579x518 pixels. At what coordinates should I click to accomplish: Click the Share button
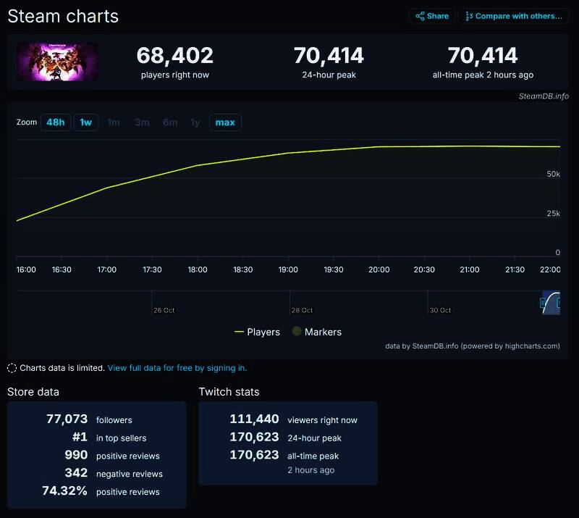431,16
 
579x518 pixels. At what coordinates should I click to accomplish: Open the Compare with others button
513,16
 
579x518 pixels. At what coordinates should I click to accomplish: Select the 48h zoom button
55,122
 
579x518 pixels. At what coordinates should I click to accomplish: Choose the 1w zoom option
86,122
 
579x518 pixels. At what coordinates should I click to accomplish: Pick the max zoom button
225,122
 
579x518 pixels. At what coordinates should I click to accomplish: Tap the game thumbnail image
57,62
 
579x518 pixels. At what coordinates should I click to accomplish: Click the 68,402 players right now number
174,56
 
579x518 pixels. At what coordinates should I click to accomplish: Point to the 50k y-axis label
553,175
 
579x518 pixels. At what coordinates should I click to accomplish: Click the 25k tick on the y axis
553,214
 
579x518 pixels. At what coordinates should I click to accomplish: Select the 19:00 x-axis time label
288,270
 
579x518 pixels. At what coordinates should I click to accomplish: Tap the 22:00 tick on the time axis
550,270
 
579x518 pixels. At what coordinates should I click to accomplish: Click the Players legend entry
257,332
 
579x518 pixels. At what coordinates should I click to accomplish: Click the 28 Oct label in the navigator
302,310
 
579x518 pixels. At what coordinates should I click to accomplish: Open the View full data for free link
177,368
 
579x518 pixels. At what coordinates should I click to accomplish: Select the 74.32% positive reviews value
65,491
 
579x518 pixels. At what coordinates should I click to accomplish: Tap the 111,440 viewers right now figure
254,419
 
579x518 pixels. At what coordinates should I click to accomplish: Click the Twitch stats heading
229,392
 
